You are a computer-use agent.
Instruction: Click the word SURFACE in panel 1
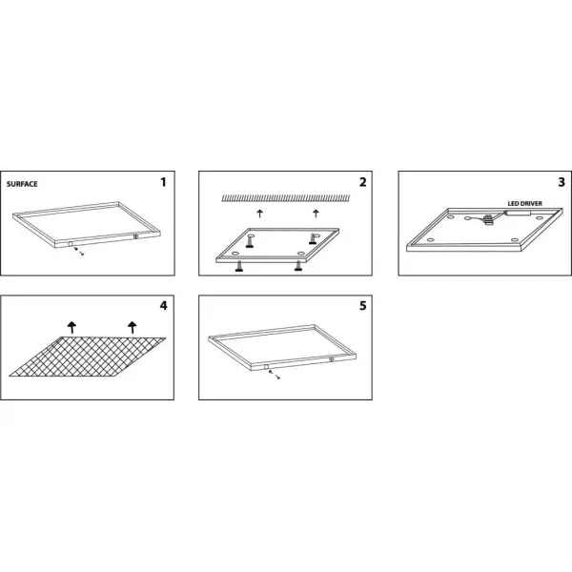22,184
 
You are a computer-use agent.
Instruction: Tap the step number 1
163,182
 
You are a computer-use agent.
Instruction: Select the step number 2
362,182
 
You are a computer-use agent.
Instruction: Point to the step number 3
562,182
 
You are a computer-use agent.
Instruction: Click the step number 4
163,306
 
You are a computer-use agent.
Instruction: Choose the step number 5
362,306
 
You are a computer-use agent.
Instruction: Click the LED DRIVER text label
525,204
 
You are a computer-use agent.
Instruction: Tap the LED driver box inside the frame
519,213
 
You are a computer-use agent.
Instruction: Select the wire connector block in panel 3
488,219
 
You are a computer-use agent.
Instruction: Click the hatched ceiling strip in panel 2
286,198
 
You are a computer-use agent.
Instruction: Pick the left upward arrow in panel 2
259,214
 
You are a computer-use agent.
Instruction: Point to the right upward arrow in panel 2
316,214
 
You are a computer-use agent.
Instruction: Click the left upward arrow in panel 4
71,327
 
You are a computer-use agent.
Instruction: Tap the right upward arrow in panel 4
133,327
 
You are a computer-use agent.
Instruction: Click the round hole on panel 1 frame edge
71,244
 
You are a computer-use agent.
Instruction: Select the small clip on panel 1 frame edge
135,236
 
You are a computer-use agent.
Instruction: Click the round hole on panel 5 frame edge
266,367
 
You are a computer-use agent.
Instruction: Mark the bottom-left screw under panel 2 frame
239,267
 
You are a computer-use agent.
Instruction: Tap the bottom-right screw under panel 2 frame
298,266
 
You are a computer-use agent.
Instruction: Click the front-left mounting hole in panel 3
431,240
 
